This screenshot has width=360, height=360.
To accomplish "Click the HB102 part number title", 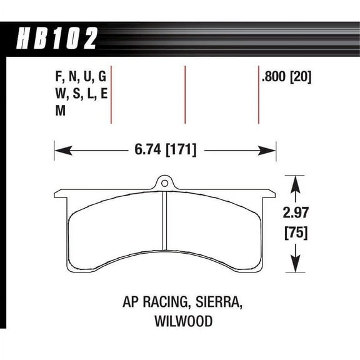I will click(56, 38).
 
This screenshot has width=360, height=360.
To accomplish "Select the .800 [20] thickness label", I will click(287, 78).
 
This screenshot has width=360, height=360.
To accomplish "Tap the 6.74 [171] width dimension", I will click(166, 149).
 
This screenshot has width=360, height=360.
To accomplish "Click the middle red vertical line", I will click(185, 94).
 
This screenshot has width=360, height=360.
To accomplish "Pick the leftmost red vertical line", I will click(111, 94).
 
